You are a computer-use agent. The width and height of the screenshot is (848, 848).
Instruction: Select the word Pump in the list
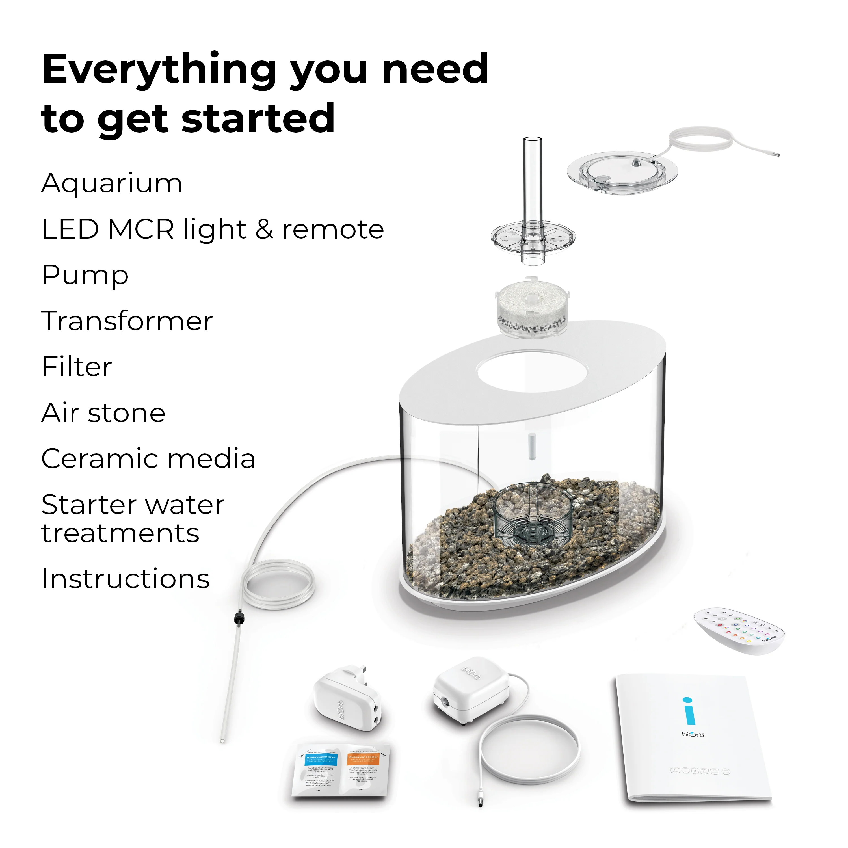[85, 276]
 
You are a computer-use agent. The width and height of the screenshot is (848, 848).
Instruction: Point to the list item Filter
[77, 367]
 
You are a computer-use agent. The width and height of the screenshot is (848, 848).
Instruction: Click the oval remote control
[739, 631]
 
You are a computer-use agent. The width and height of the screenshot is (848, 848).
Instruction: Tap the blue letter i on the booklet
[689, 711]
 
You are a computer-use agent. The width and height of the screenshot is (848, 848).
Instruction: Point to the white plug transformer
[347, 698]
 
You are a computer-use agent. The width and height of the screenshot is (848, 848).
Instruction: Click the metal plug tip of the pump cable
[480, 804]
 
